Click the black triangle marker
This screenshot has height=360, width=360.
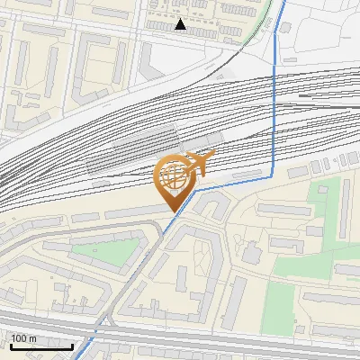point(181,25)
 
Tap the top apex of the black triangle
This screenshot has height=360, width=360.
point(181,20)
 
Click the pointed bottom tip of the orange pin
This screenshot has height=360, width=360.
point(172,211)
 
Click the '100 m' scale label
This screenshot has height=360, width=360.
point(24,338)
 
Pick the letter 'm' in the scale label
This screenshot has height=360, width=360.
point(34,338)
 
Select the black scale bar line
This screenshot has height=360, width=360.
point(41,347)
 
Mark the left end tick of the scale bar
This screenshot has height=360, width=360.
point(10,345)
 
